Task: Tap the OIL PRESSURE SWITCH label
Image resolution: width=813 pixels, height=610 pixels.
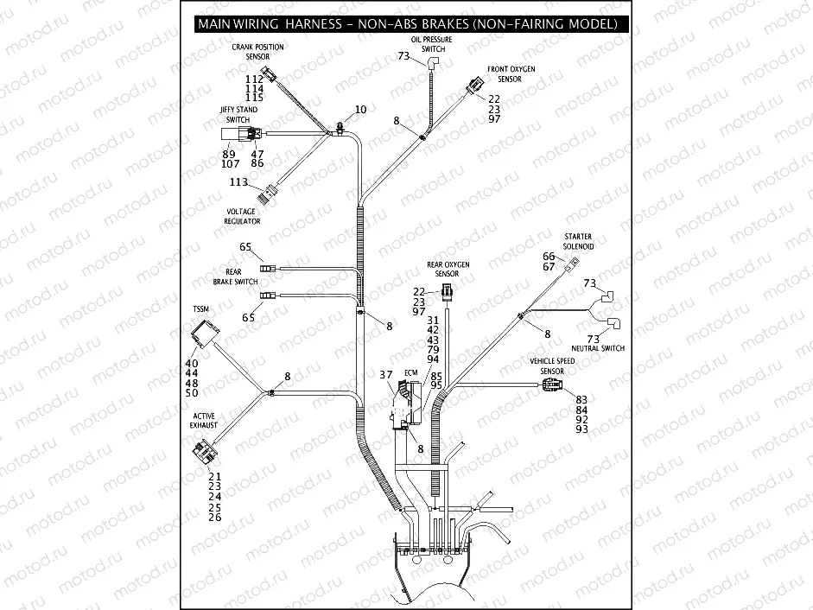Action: coord(433,44)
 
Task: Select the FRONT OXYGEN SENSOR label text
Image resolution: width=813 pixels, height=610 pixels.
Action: coord(510,73)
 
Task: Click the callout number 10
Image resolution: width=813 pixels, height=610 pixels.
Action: coord(360,110)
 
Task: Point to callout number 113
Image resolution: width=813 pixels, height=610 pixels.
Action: coord(238,182)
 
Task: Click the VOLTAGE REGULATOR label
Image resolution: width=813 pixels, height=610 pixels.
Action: coord(243,216)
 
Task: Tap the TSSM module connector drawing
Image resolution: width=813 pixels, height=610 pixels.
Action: coord(206,333)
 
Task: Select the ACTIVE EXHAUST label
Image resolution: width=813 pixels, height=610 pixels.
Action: coord(204,421)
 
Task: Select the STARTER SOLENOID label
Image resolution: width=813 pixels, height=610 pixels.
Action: coord(578,241)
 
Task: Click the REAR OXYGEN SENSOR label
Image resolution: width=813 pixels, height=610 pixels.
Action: coord(448,268)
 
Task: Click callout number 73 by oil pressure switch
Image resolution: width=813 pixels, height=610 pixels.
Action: coord(403,56)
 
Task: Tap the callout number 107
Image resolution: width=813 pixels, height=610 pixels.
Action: coord(230,163)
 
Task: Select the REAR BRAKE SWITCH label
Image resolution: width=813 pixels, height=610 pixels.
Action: coord(235,276)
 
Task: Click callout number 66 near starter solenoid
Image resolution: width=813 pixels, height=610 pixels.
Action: coord(549,257)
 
